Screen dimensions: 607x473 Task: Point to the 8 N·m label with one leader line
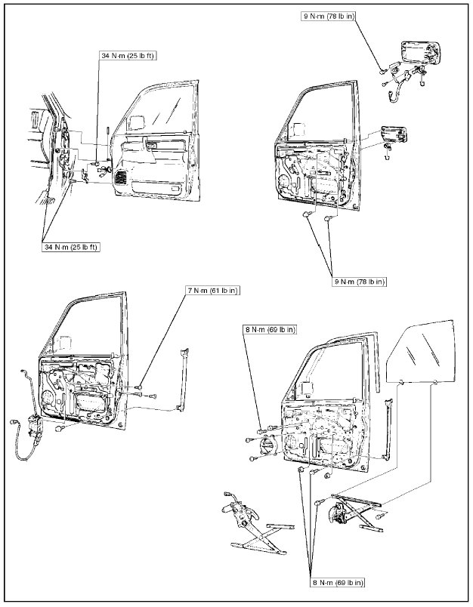click(270, 329)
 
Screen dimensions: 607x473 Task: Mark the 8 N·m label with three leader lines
click(337, 582)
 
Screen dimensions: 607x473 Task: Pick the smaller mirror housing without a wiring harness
click(396, 135)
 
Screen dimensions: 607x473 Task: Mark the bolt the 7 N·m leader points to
click(141, 390)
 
